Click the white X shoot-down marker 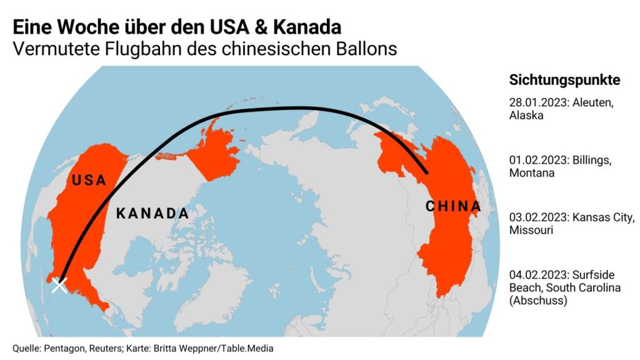pos(59,285)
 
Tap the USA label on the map pos(88,181)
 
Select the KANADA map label pos(152,214)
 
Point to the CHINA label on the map pos(453,206)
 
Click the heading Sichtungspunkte pos(564,80)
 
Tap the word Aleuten pos(592,103)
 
